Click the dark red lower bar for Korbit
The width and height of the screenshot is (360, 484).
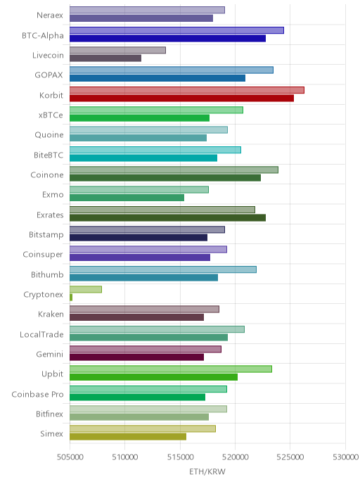pos(181,98)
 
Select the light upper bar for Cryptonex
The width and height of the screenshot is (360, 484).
pos(86,290)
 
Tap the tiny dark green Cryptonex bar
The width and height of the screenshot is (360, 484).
pos(71,298)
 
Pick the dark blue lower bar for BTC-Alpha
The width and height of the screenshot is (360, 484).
pos(167,38)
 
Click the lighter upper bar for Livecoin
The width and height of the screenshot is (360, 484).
pos(117,50)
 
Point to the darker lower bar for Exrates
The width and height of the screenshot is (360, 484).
pos(167,217)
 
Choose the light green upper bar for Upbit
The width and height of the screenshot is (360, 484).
pos(171,369)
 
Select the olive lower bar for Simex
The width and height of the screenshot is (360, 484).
pos(128,437)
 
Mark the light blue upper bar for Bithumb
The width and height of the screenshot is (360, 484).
pos(163,269)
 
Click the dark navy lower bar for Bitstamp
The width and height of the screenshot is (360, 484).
pos(139,238)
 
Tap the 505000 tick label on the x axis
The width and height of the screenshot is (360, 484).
pos(70,457)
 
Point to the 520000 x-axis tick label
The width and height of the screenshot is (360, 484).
pos(235,457)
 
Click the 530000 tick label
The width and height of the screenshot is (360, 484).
pos(345,457)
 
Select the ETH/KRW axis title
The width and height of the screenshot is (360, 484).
pos(207,472)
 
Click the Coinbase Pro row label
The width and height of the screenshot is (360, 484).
pos(37,394)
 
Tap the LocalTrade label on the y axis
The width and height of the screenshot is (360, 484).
pos(41,334)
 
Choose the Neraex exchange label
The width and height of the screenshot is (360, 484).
pos(50,15)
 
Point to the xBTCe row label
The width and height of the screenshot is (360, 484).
pos(51,115)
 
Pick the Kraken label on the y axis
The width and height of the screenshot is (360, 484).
pos(51,314)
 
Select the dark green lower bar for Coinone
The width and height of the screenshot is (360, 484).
pos(165,178)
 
